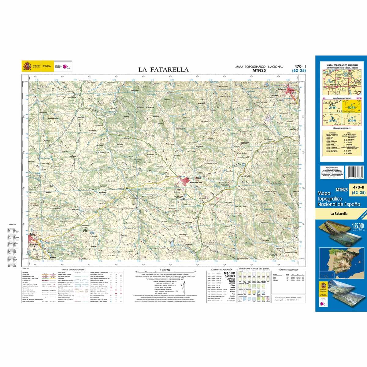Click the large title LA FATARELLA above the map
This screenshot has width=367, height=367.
click(164, 70)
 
